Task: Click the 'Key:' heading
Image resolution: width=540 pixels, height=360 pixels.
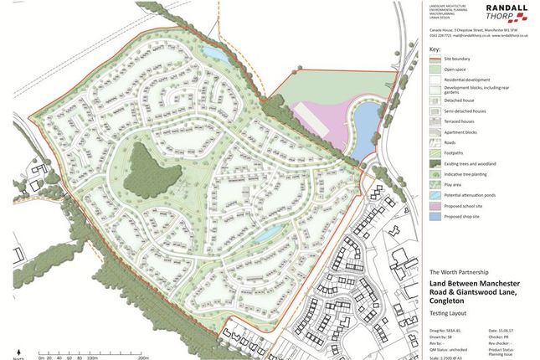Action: [x=433, y=49]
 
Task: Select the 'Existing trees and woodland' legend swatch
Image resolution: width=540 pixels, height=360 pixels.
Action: [x=435, y=162]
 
